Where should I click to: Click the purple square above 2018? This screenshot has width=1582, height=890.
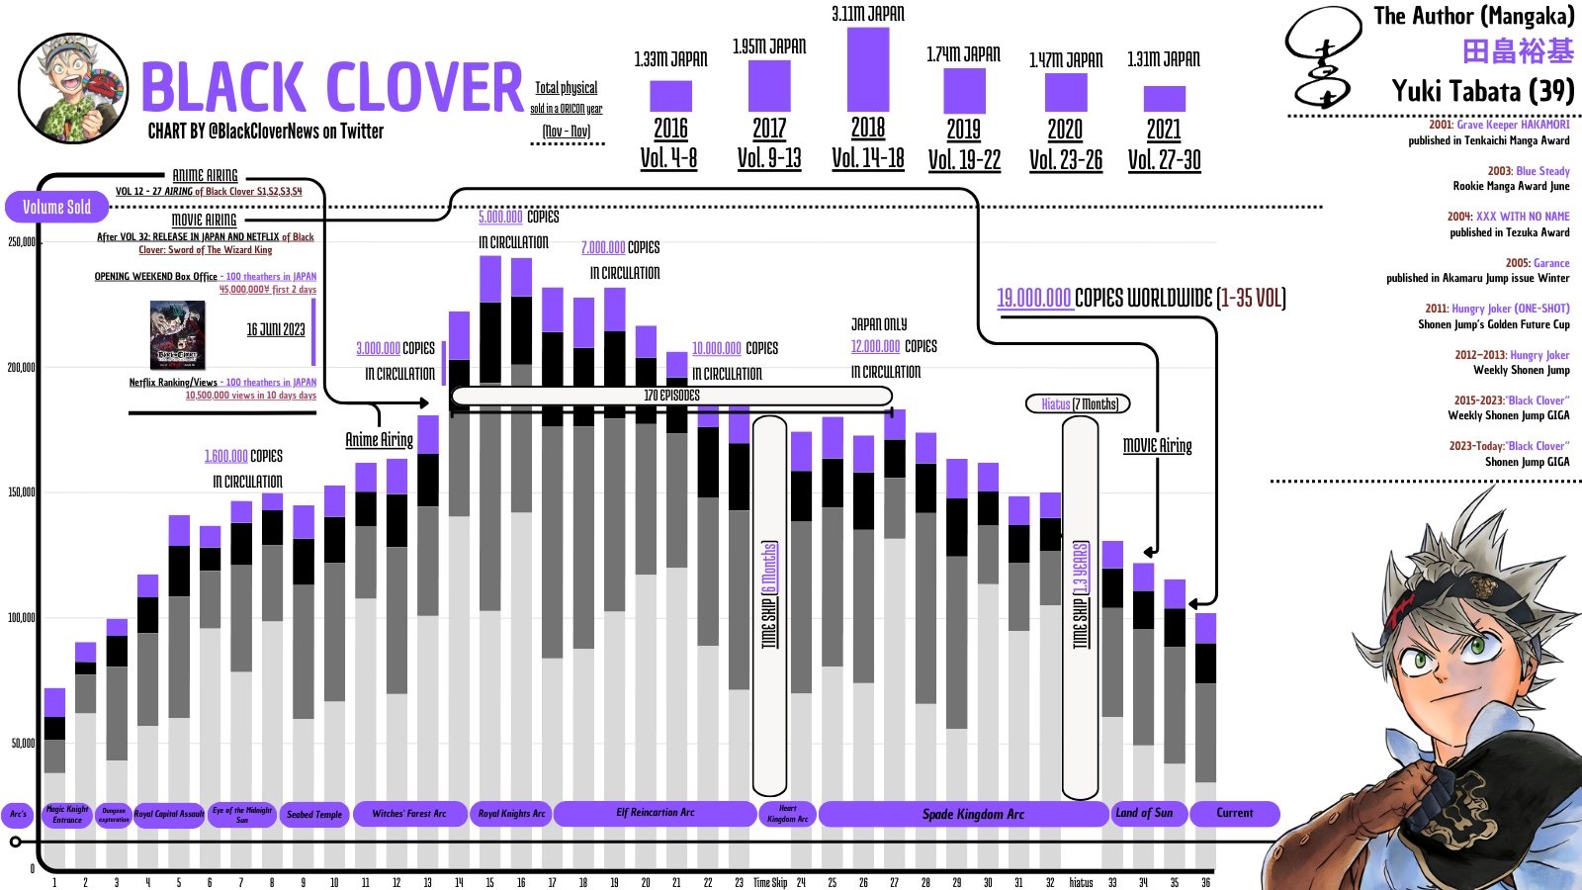[x=868, y=68]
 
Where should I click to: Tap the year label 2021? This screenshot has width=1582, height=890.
[x=1164, y=130]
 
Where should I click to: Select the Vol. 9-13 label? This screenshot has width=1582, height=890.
[x=769, y=159]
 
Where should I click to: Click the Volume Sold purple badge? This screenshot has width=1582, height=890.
[x=56, y=207]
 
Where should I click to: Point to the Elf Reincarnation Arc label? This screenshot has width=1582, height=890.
[x=655, y=813]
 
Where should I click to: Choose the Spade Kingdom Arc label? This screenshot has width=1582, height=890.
[x=973, y=814]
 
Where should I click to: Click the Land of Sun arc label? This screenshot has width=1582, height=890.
[x=1144, y=813]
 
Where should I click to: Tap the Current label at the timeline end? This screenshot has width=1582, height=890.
[x=1234, y=813]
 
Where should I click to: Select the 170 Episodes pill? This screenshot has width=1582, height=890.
[x=671, y=396]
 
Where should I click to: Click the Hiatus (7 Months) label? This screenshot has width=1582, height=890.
[x=1079, y=403]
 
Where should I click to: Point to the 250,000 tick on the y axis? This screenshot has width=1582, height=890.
[x=22, y=242]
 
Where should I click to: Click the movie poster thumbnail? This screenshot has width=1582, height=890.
[x=178, y=335]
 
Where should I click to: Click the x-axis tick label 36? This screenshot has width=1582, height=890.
[x=1205, y=882]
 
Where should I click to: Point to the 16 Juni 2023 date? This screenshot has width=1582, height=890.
[x=276, y=329]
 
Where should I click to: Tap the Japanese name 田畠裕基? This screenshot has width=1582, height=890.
[x=1518, y=51]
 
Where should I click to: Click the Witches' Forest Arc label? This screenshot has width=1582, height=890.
[x=409, y=814]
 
